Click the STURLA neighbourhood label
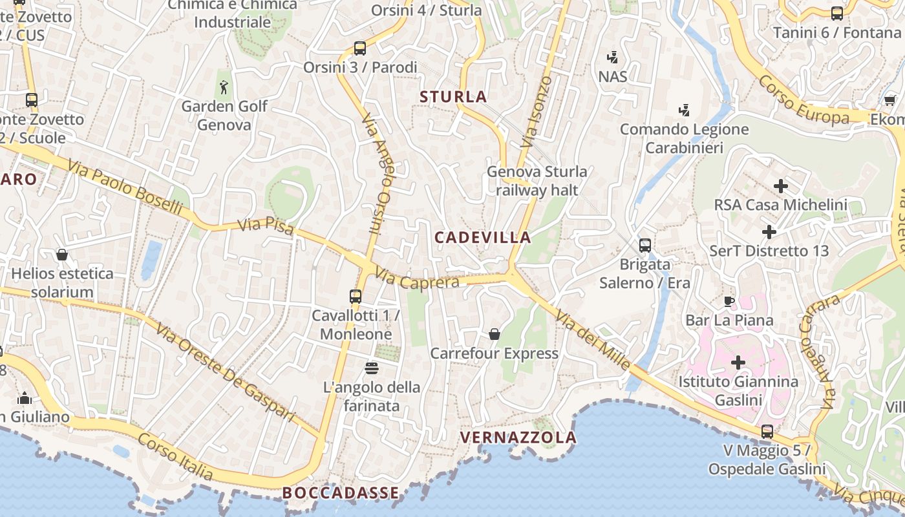[x=453, y=97]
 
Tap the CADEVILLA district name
[x=482, y=237]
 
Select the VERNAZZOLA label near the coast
[x=518, y=438]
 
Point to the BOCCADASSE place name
[x=341, y=493]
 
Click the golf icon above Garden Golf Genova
[x=224, y=87]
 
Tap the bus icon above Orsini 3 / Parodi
[x=360, y=48]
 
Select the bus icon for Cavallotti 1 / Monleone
[x=356, y=297]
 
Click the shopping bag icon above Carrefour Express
[x=495, y=334]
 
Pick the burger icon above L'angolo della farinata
[x=372, y=368]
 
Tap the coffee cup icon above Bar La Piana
[x=729, y=301]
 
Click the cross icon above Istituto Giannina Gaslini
[x=738, y=363]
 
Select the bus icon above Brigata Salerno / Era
[x=645, y=246]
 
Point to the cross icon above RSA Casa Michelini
[x=781, y=186]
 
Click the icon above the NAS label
[x=613, y=58]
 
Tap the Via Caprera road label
[x=417, y=281]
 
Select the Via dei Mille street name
[x=593, y=340]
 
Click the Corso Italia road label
[x=175, y=456]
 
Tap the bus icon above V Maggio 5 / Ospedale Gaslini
[x=767, y=431]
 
